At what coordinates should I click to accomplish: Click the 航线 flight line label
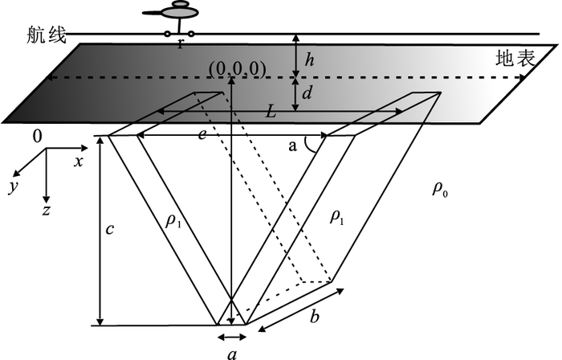tap(47, 36)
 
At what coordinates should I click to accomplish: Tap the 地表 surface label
tap(515, 58)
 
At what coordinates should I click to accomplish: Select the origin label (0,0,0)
tap(238, 69)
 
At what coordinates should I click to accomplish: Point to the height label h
tap(309, 59)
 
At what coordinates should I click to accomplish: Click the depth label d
tap(307, 92)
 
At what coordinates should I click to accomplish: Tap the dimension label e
tap(202, 135)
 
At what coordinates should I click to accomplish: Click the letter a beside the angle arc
tap(293, 146)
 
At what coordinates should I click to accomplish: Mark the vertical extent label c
tap(110, 229)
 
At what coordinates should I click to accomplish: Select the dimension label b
tap(314, 317)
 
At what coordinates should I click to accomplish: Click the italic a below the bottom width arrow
tap(233, 354)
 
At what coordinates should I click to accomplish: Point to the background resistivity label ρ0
tap(440, 190)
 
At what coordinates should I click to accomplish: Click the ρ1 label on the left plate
tap(173, 221)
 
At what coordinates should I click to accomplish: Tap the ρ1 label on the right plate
tap(336, 216)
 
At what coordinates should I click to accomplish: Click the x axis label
tap(79, 162)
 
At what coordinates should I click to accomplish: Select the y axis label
tap(14, 186)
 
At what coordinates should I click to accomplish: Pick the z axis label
tap(46, 211)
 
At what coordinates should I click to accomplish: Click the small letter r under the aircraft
tap(181, 43)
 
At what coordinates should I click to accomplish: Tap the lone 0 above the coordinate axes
tap(37, 137)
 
